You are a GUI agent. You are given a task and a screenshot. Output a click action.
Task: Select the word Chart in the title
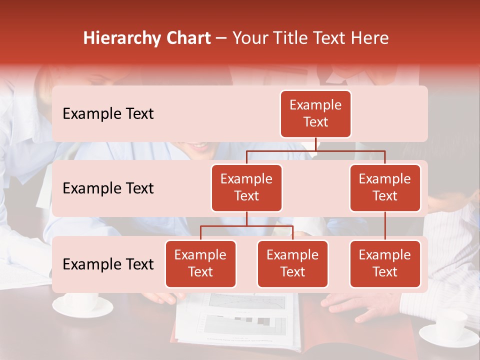tap(187, 38)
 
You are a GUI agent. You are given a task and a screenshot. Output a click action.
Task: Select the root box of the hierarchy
tap(315, 113)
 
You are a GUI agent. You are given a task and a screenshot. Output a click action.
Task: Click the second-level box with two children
tap(246, 187)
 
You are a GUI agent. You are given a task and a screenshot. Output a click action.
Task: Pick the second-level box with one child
tap(385, 187)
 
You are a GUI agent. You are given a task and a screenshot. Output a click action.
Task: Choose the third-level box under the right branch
tap(385, 263)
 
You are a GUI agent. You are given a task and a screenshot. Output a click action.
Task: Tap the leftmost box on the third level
tap(200, 263)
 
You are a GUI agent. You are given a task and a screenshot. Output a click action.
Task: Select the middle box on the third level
tap(292, 263)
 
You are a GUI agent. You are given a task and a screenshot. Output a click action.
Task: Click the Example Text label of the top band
tap(108, 113)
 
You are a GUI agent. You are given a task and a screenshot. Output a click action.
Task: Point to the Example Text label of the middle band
tap(108, 188)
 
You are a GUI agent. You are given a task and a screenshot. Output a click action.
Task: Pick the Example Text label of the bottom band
tap(108, 264)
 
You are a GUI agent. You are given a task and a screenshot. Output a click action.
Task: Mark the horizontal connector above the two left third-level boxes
tap(246, 226)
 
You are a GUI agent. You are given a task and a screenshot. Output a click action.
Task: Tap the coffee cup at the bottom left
tap(83, 304)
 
